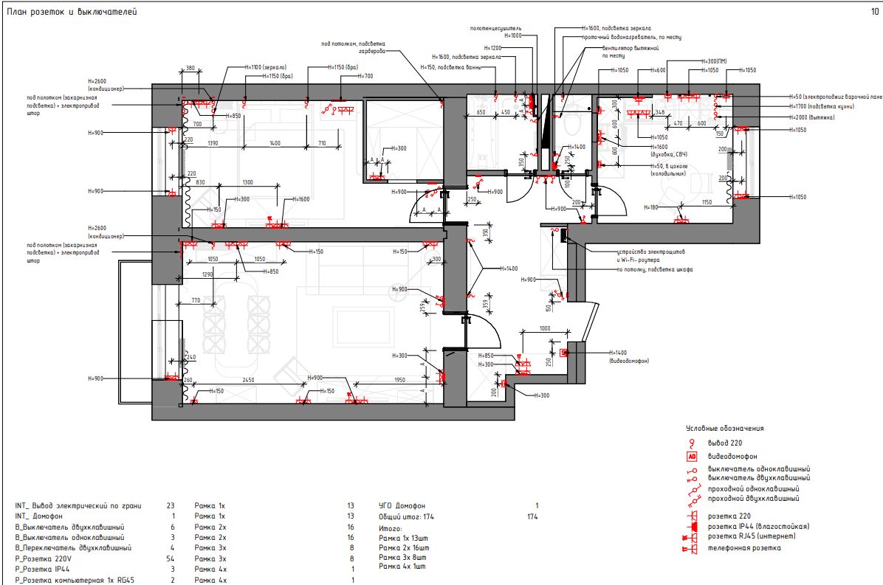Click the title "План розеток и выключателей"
(71, 13)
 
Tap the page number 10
(875, 12)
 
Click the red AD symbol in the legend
(693, 457)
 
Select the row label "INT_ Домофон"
(41, 516)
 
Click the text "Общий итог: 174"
(406, 516)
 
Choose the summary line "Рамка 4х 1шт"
(404, 567)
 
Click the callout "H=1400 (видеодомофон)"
(628, 357)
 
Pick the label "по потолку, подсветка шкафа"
(654, 269)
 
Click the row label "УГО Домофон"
(402, 505)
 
